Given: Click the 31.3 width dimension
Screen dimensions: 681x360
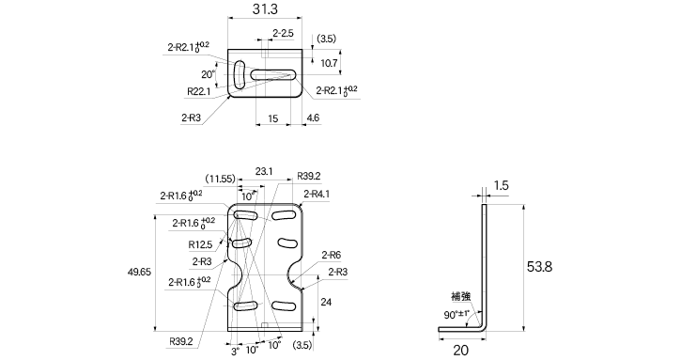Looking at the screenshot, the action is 265,9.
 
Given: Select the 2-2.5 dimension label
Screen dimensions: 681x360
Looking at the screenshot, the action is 283,33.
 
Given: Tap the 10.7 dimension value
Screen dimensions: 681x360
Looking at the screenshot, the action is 329,64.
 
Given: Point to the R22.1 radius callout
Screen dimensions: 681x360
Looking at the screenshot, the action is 199,91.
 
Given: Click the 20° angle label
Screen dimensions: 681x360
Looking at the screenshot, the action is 208,74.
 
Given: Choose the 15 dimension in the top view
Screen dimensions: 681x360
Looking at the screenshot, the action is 272,118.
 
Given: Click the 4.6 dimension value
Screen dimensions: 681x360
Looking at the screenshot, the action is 313,117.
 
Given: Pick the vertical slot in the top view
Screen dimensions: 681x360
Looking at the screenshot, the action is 240,75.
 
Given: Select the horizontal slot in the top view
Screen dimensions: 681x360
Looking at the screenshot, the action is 272,75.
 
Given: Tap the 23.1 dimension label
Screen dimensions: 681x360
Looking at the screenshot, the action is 264,172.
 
